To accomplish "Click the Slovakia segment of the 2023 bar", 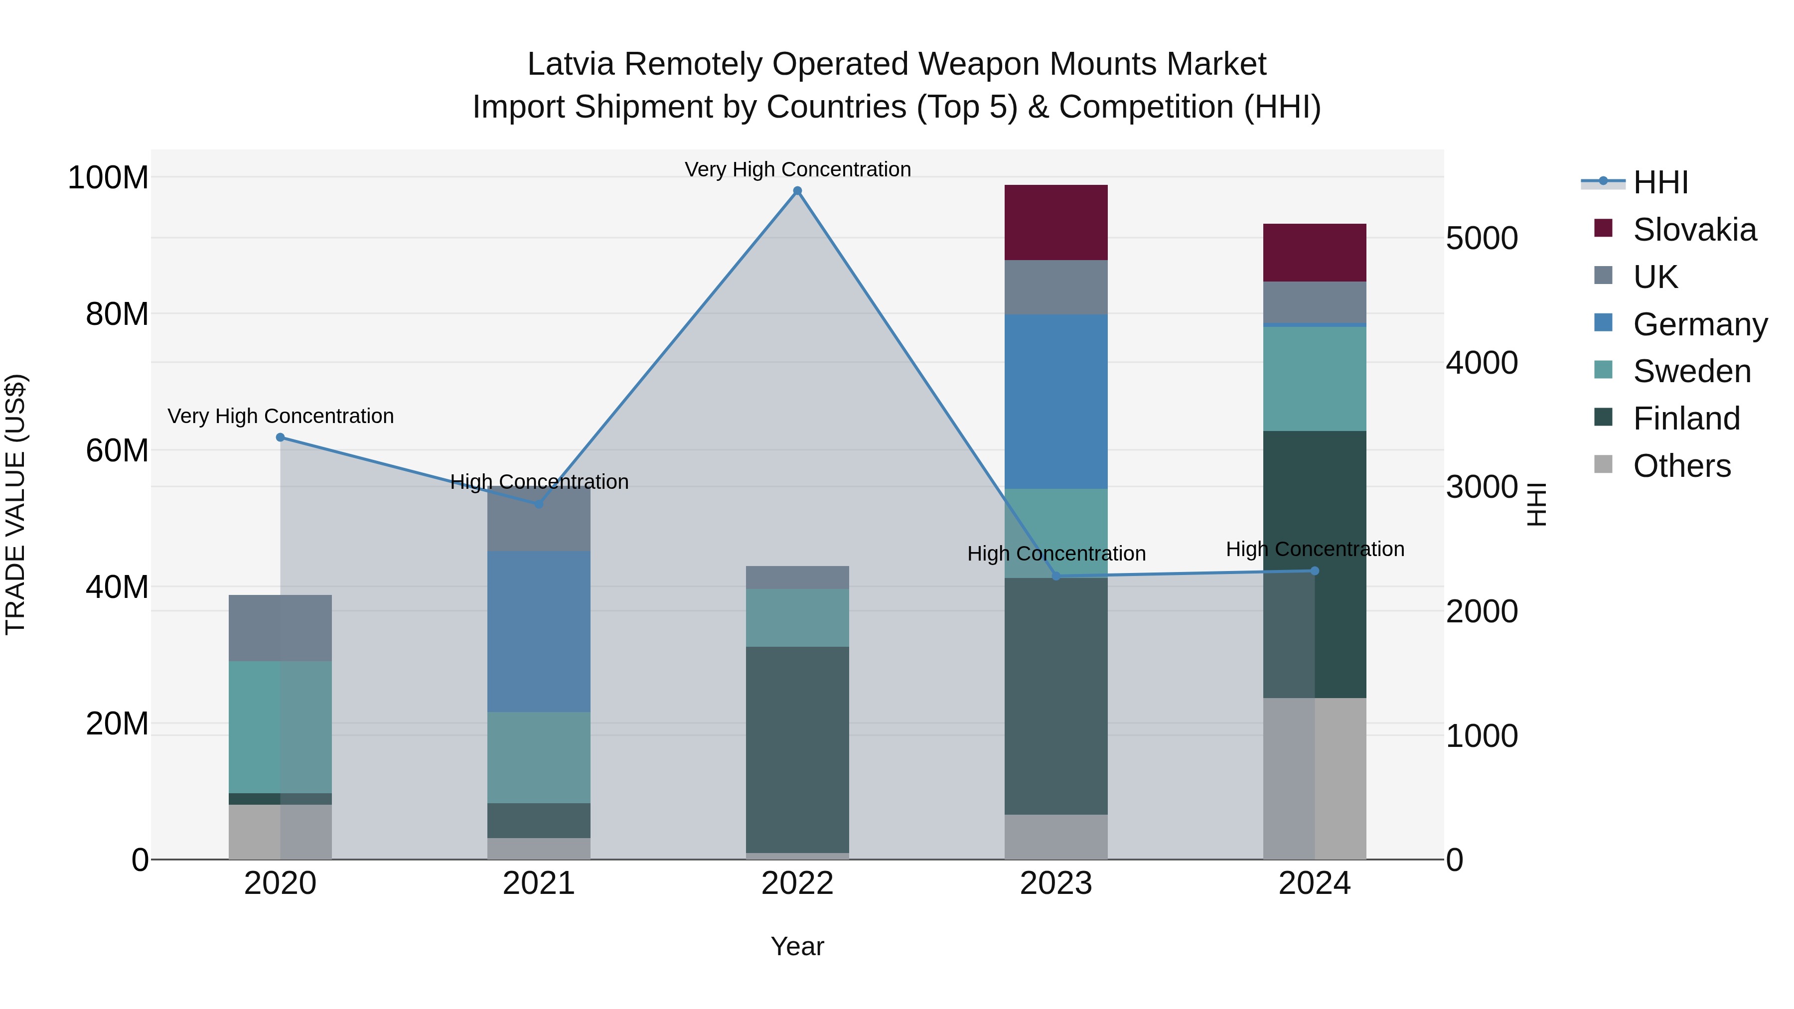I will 1056,222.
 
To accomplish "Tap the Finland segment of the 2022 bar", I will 797,749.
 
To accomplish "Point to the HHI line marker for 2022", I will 797,191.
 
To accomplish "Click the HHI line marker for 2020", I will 280,437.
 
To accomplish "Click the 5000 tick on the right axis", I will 1482,238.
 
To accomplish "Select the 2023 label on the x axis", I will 1056,883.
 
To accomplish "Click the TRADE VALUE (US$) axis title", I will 15,504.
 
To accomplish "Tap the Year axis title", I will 797,946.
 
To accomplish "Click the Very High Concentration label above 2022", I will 797,169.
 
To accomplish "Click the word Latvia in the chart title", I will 571,64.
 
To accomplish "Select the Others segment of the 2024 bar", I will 1314,778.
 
